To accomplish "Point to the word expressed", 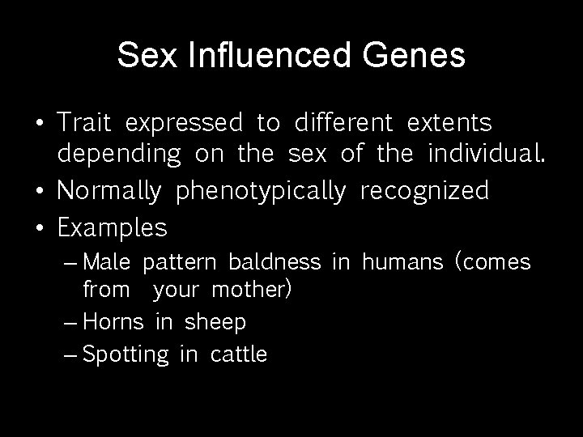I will click(x=184, y=123).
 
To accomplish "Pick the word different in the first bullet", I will click(x=344, y=123).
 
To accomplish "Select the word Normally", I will click(x=112, y=191).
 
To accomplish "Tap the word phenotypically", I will click(x=261, y=191).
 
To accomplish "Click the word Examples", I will click(x=112, y=228).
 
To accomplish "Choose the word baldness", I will click(x=274, y=263).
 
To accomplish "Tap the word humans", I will click(x=402, y=263).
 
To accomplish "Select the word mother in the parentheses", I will click(x=252, y=290).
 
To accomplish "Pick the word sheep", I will click(x=215, y=322).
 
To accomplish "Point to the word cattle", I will click(x=238, y=354).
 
